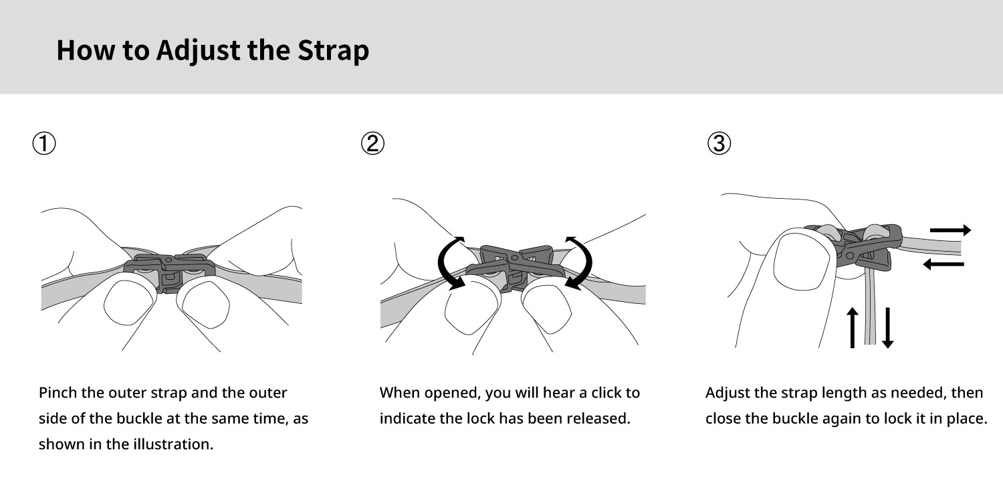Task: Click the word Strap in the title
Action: point(333,51)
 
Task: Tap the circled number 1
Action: point(44,143)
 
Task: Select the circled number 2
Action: point(372,143)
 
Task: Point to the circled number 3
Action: point(719,143)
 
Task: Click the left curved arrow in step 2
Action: point(441,264)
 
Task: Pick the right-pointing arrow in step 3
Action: point(950,230)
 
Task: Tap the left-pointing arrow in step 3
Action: point(943,264)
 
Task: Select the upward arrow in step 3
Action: point(853,328)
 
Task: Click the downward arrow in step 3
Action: point(887,328)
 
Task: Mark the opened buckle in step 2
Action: point(515,266)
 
